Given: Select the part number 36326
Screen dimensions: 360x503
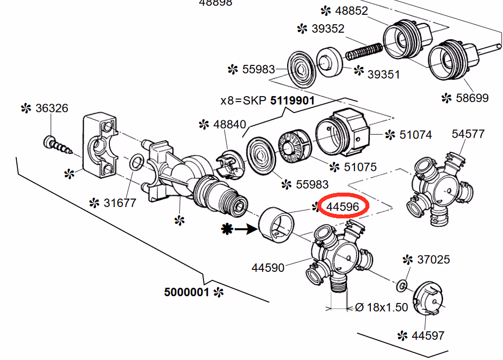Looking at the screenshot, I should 51,108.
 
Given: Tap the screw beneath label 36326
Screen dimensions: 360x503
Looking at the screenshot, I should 58,146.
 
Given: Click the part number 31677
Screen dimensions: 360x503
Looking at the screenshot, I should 119,203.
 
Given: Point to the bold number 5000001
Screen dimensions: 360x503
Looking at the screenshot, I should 187,292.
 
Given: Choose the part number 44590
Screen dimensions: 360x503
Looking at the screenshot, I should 268,267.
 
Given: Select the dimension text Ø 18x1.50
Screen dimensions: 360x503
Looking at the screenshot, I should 382,307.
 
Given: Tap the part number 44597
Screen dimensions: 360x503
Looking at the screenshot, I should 428,335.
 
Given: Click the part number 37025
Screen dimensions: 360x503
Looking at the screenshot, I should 433,259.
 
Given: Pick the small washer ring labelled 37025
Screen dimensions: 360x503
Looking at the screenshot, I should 402,285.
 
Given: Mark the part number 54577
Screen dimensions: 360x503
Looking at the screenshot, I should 468,134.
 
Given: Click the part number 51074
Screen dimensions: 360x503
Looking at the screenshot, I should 416,134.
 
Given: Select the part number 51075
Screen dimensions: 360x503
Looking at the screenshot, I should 360,167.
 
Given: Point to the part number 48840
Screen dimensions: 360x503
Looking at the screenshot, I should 230,124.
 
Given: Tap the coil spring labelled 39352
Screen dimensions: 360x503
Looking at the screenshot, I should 364,51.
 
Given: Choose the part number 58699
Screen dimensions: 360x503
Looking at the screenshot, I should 472,98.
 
